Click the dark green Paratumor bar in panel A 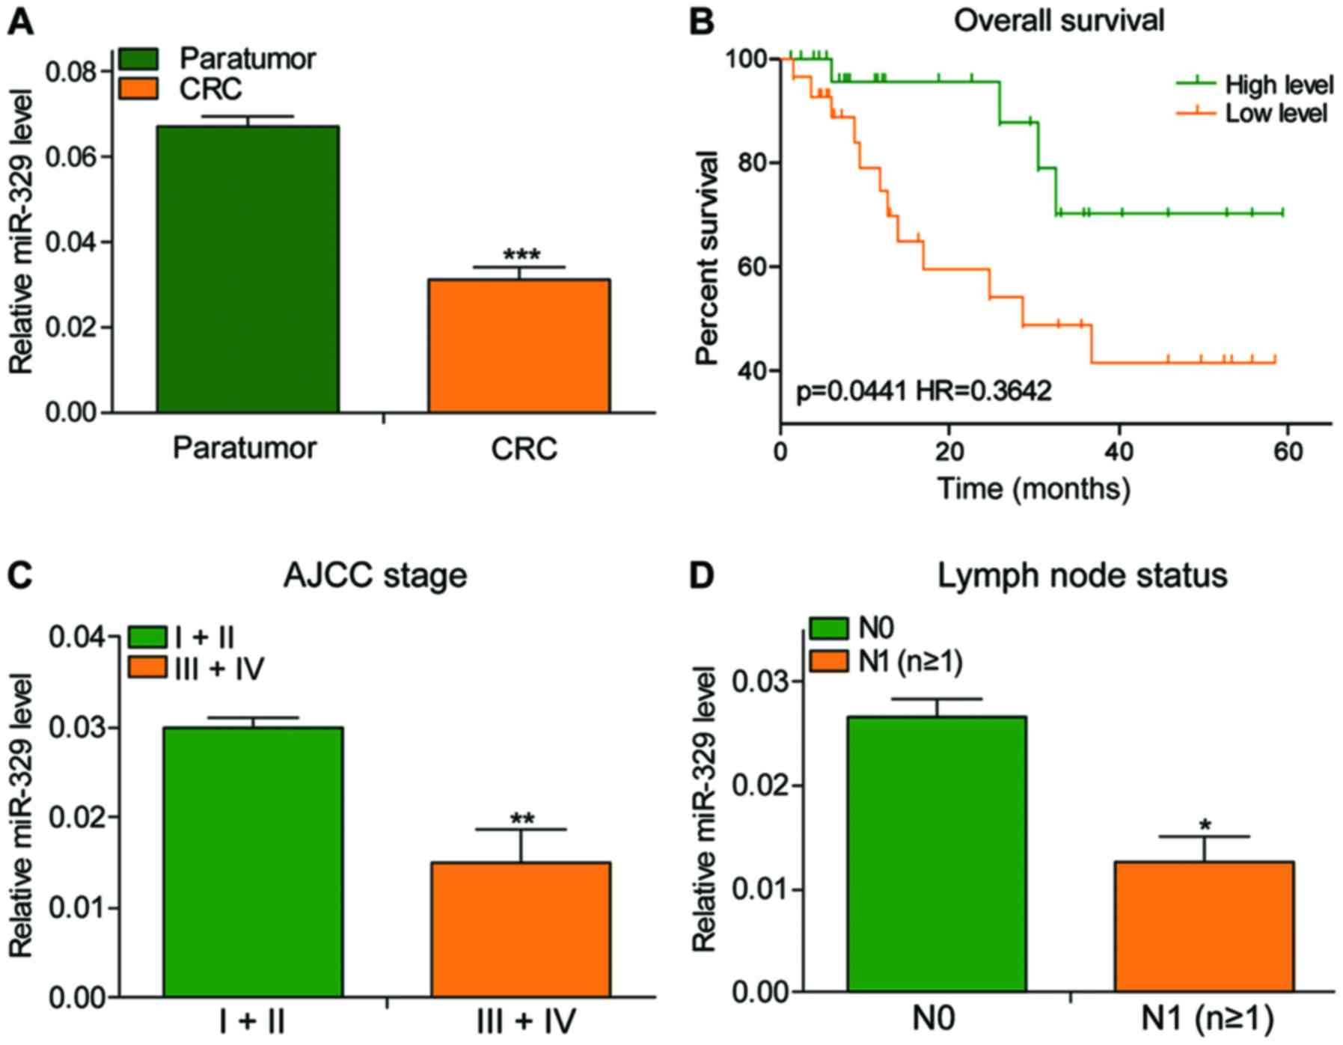click(x=248, y=269)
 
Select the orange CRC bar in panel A click(x=518, y=346)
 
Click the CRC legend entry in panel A click(x=209, y=89)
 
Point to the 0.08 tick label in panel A click(x=71, y=73)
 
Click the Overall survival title click(x=1059, y=20)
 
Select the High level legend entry click(x=1278, y=85)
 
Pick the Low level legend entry click(x=1276, y=114)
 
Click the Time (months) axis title click(x=1034, y=488)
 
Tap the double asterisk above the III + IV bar click(x=522, y=819)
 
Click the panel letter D click(x=701, y=576)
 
